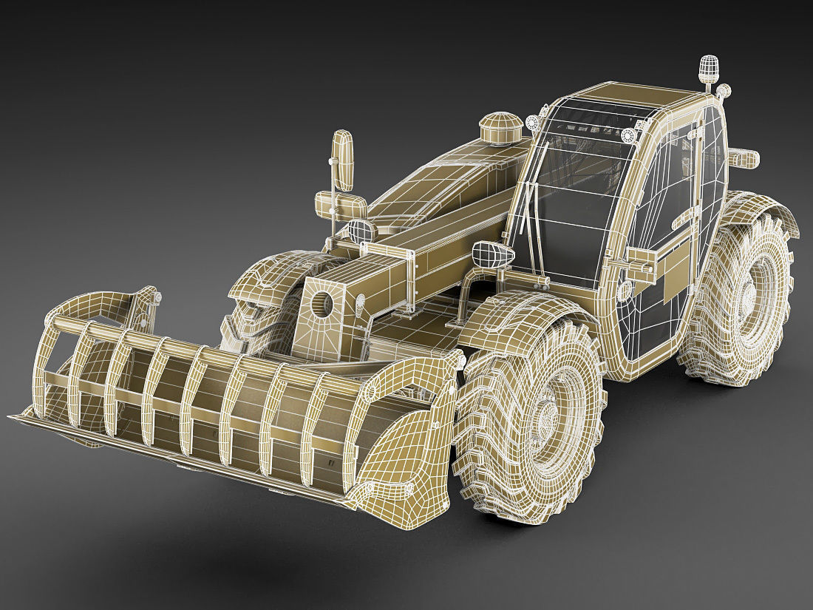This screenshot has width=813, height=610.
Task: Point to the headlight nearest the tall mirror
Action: [362, 231]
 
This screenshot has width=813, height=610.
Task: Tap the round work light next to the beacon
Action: [724, 92]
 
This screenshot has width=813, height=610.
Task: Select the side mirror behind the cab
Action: [744, 157]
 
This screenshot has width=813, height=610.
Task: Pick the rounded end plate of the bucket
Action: [403, 444]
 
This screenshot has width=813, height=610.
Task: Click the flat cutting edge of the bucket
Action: [148, 451]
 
